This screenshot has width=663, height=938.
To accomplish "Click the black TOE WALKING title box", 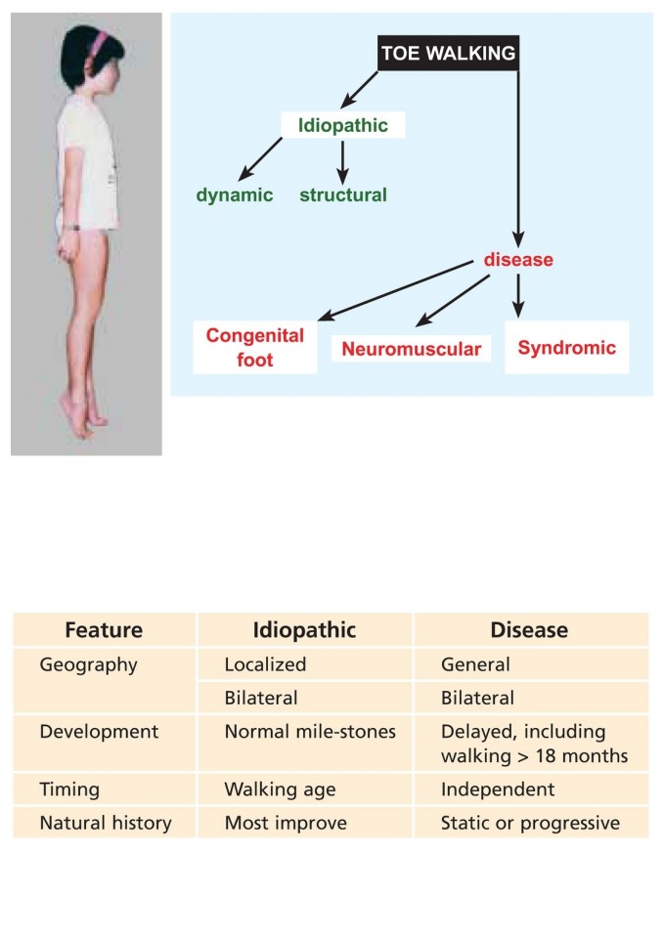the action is tap(448, 53).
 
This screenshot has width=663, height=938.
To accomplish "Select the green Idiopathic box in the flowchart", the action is tap(343, 125).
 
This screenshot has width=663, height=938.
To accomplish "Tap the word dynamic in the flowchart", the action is tap(234, 195).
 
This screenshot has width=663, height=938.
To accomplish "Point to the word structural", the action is tap(343, 194).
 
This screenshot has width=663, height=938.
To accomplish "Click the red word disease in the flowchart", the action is tap(518, 259).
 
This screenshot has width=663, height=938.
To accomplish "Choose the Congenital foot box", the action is tap(255, 348).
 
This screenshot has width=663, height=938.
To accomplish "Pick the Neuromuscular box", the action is tap(412, 349).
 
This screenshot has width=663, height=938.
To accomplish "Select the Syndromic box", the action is tap(566, 348).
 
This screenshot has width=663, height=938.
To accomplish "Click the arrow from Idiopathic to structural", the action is tap(342, 162).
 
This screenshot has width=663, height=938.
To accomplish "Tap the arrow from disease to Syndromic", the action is tap(518, 295).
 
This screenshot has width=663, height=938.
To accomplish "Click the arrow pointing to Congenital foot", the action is tap(395, 291).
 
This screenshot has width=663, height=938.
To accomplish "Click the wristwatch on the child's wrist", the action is tap(73, 227).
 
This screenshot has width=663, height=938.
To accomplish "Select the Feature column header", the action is tap(104, 630).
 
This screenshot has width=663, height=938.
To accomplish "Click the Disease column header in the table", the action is tap(530, 630).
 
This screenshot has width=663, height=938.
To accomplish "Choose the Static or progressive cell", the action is tap(531, 823).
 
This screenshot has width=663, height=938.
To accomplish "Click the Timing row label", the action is tap(69, 789).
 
